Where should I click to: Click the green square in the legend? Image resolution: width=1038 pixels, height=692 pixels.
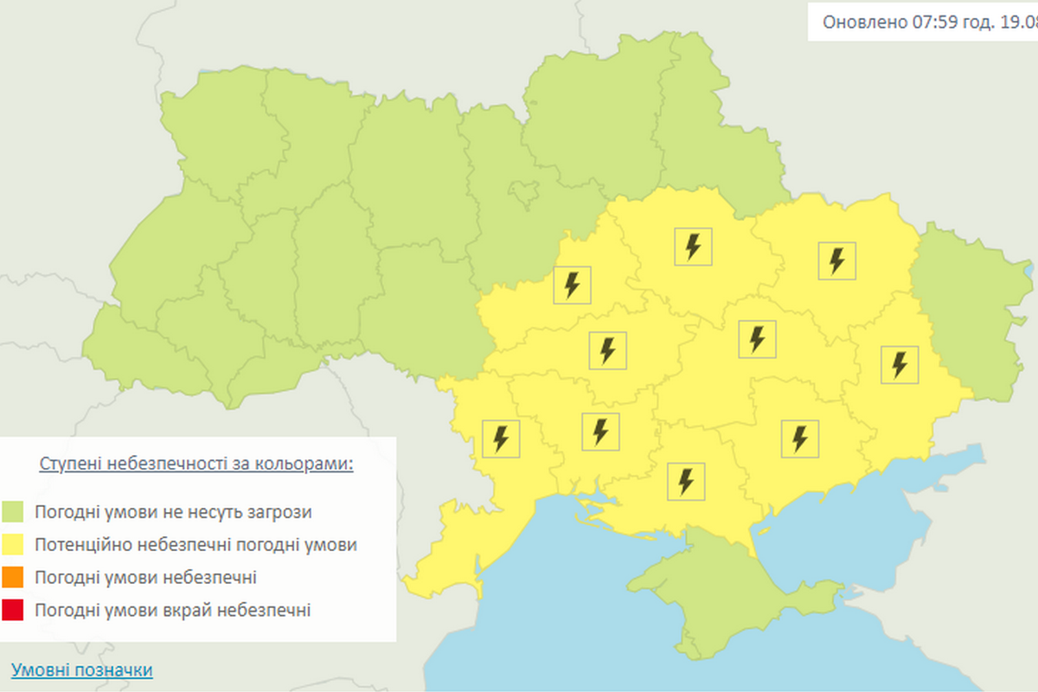(x=13, y=512)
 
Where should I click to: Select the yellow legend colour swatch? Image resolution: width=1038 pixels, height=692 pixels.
(x=13, y=545)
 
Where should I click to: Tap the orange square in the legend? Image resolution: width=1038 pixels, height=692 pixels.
(x=13, y=578)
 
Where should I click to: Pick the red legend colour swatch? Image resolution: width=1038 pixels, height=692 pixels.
(x=13, y=611)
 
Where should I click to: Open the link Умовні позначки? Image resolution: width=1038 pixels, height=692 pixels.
(x=82, y=670)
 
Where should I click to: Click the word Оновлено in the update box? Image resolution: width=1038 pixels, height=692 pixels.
(x=864, y=22)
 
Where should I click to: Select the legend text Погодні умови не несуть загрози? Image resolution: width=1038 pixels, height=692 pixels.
(x=173, y=512)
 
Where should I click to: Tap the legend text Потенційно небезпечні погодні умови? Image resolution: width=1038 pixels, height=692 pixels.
(x=195, y=545)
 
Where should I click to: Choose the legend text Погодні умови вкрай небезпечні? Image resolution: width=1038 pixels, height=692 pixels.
(x=172, y=611)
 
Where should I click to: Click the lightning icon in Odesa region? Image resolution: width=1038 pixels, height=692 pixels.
(x=501, y=439)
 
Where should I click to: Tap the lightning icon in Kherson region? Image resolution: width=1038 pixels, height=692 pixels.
(x=687, y=481)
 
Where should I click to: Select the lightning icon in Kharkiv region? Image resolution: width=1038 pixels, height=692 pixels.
(x=836, y=260)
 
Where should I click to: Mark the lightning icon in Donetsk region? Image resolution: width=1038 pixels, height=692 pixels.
(x=900, y=364)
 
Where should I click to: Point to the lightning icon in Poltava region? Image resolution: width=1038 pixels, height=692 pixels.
(x=693, y=247)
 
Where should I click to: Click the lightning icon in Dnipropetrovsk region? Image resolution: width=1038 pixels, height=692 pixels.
(x=758, y=338)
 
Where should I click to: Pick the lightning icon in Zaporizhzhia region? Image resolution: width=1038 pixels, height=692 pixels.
(x=799, y=438)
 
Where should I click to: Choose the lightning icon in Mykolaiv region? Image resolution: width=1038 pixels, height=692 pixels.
(x=600, y=431)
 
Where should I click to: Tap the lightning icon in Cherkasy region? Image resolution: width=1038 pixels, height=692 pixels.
(x=572, y=285)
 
